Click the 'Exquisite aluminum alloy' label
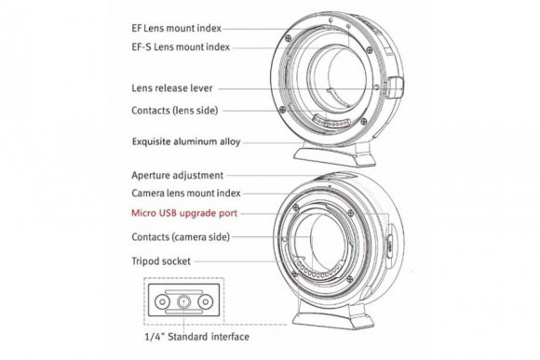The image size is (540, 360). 189,144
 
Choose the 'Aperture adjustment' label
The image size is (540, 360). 179,174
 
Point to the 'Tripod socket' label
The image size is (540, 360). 163,261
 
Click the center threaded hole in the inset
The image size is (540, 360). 182,301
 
